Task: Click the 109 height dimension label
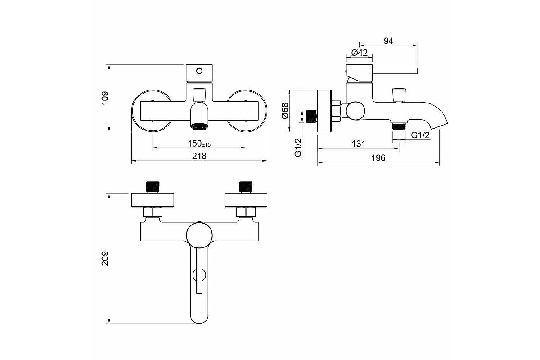click(105, 98)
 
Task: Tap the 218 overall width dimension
click(199, 156)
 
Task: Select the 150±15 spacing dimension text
click(199, 144)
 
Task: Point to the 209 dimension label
click(105, 258)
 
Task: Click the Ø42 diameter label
click(360, 53)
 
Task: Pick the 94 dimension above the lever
click(388, 41)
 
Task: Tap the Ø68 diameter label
click(285, 111)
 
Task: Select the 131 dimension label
click(359, 144)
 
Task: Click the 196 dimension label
click(378, 158)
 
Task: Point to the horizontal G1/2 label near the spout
click(420, 135)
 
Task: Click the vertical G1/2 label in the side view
click(298, 148)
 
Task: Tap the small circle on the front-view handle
click(199, 71)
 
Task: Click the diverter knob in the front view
click(199, 94)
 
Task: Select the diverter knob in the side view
click(399, 95)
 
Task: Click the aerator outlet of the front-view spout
click(199, 126)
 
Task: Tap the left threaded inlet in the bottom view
click(153, 187)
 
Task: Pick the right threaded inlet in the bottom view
click(246, 187)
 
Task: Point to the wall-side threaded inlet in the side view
click(311, 117)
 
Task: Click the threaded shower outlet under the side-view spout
click(399, 126)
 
